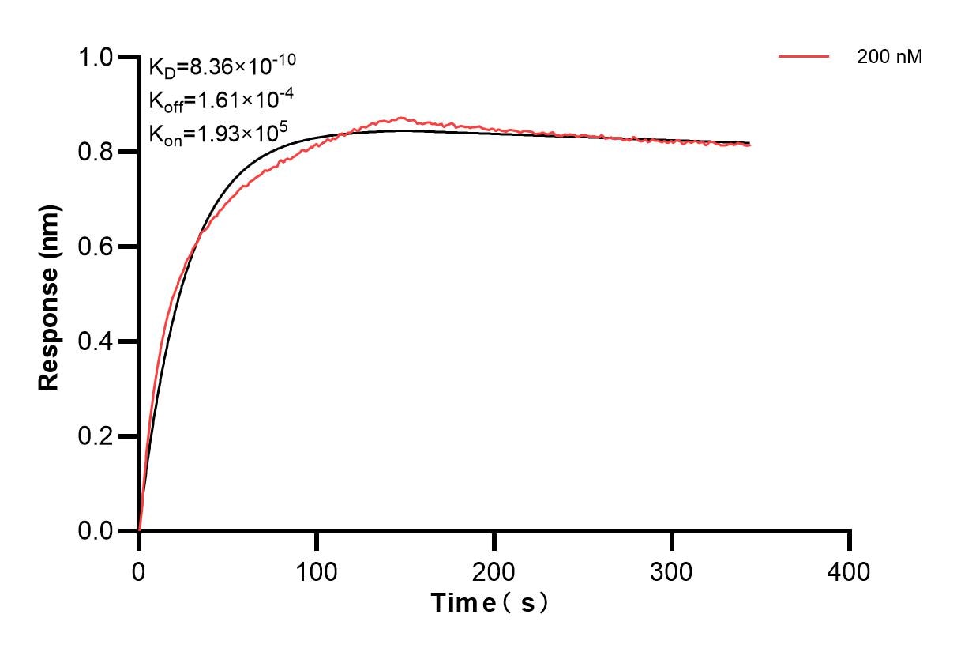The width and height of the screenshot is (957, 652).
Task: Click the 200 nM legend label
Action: coord(889,57)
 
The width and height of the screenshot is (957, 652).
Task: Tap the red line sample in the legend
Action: coord(803,57)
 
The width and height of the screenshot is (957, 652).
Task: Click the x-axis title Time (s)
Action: coord(489,604)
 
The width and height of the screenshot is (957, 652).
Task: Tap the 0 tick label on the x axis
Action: coord(139,571)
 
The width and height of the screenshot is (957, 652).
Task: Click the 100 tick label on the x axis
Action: coord(317,571)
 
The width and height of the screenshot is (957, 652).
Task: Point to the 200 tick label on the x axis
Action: coord(494,571)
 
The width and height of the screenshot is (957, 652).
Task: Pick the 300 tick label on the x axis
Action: coord(672,571)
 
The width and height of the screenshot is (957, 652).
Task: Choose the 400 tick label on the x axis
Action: coord(850,571)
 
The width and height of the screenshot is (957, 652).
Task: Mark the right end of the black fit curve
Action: coord(749,143)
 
